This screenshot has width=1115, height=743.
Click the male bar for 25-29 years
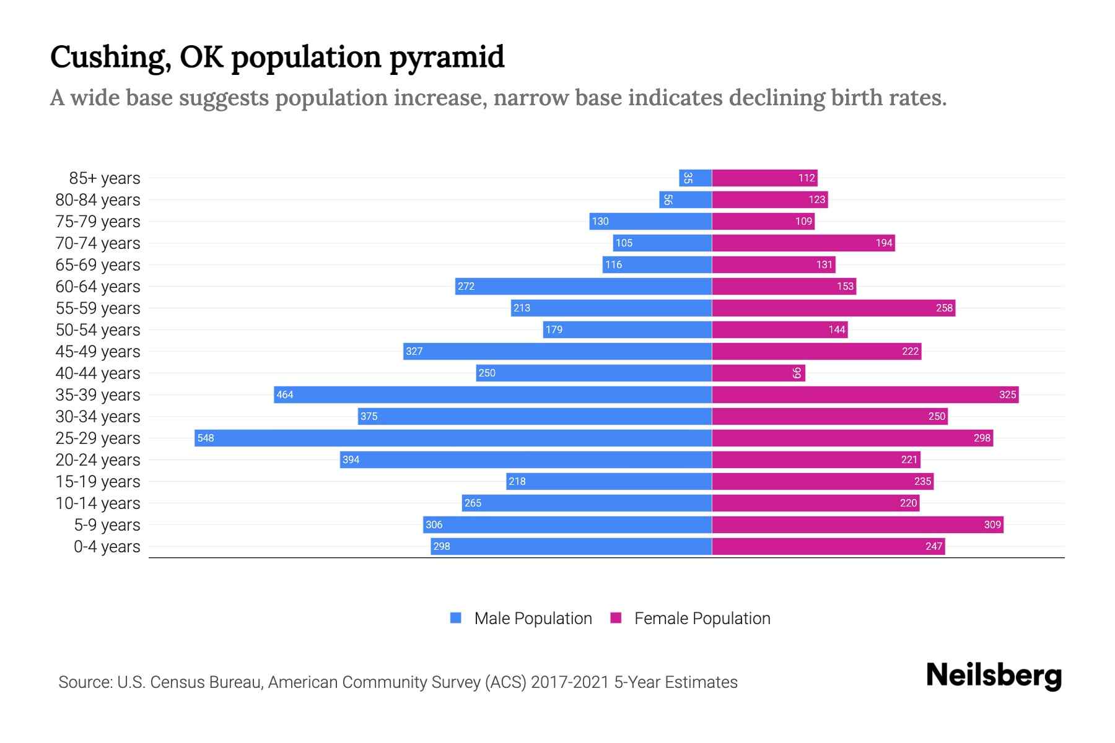point(453,438)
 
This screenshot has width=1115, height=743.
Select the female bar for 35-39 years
point(865,394)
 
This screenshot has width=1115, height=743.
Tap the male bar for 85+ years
point(696,178)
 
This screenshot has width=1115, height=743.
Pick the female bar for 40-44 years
point(758,373)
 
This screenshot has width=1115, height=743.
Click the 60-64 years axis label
point(98,287)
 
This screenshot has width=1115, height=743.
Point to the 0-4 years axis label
point(107,547)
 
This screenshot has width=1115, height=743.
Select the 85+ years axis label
point(105,178)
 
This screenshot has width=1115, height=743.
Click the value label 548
point(205,438)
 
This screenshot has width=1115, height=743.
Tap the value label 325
point(1007,394)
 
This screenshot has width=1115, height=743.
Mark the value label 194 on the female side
point(884,243)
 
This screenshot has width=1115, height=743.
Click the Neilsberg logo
point(994,676)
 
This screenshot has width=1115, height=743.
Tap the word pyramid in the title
point(447,58)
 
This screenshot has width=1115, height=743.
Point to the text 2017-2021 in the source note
point(570,682)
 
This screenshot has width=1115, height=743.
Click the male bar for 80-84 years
point(686,199)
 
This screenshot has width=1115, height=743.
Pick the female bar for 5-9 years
point(857,524)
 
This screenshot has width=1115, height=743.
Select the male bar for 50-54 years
point(627,329)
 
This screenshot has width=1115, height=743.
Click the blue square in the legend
point(456,618)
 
